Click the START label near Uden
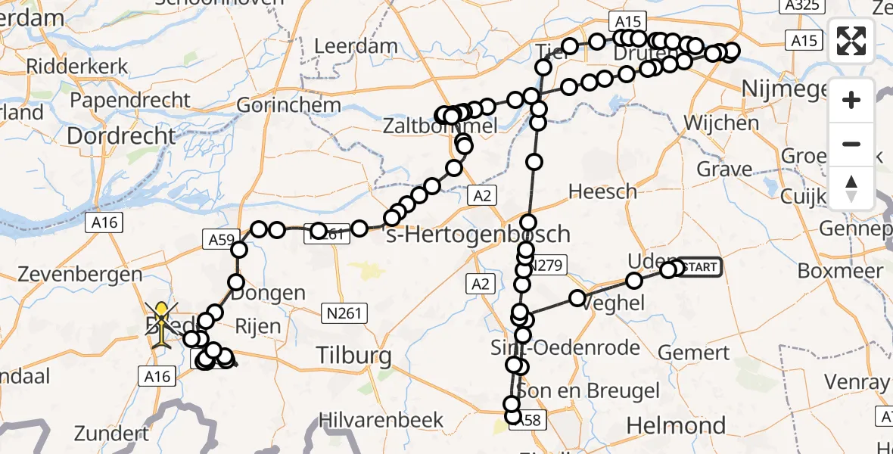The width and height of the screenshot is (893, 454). [697, 266]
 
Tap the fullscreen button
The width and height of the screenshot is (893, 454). [851, 41]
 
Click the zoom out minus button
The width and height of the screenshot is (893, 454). [851, 144]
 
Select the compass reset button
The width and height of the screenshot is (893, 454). [851, 188]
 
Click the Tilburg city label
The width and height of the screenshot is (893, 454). [354, 356]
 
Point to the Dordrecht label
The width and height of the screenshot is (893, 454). [121, 136]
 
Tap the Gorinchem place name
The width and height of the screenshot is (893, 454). [289, 105]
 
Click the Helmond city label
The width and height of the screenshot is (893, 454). [676, 426]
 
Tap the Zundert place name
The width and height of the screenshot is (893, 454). [112, 434]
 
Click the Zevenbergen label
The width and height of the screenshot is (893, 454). [72, 274]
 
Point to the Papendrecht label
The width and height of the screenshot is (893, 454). [129, 100]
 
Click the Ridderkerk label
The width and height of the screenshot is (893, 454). [78, 66]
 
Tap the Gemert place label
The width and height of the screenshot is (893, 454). [694, 352]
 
